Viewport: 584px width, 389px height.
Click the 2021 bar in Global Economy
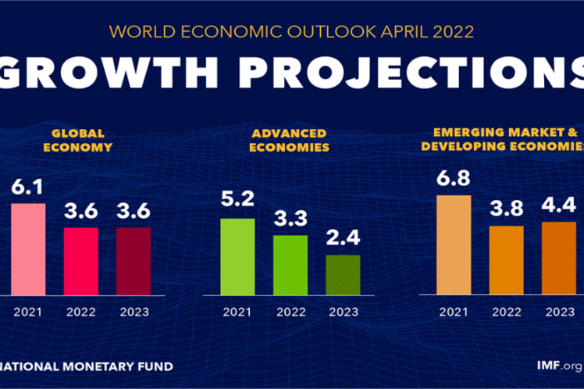point(28,249)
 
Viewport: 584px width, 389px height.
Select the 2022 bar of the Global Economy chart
point(80,261)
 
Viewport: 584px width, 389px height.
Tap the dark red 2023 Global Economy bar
point(134,261)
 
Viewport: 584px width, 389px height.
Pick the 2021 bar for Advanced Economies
point(237,256)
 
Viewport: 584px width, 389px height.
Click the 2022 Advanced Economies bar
point(290,265)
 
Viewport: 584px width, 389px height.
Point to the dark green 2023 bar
point(343,275)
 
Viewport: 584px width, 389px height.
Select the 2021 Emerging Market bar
point(454,244)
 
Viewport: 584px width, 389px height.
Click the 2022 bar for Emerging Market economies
point(506,260)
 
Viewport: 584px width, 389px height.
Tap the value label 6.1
point(28,188)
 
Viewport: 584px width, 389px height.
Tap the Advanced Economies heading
point(290,140)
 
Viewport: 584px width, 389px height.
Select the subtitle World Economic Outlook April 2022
point(291,32)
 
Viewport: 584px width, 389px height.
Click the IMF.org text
point(559,365)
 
